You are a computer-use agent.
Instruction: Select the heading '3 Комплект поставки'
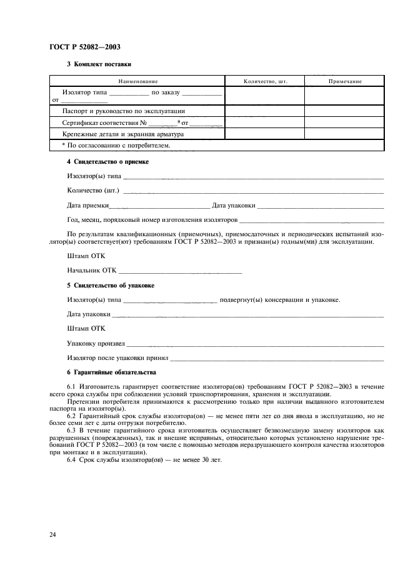pyautogui.click(x=99, y=64)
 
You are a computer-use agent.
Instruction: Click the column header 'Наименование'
pyautogui.click(x=137, y=81)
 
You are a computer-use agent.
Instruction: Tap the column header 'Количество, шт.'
pyautogui.click(x=264, y=81)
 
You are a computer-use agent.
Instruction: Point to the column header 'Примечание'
pyautogui.click(x=344, y=81)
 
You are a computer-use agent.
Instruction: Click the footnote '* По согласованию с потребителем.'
pyautogui.click(x=116, y=145)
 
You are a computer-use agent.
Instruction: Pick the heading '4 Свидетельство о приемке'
pyautogui.click(x=107, y=162)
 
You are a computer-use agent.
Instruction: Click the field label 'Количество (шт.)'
pyautogui.click(x=93, y=190)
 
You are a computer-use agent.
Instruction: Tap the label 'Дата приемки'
pyautogui.click(x=88, y=205)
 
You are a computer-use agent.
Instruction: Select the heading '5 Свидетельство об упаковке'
pyautogui.click(x=111, y=285)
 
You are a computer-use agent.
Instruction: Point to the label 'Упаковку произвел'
pyautogui.click(x=96, y=343)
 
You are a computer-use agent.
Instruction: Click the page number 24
pyautogui.click(x=52, y=535)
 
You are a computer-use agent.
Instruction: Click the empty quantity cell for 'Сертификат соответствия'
pyautogui.click(x=264, y=122)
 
